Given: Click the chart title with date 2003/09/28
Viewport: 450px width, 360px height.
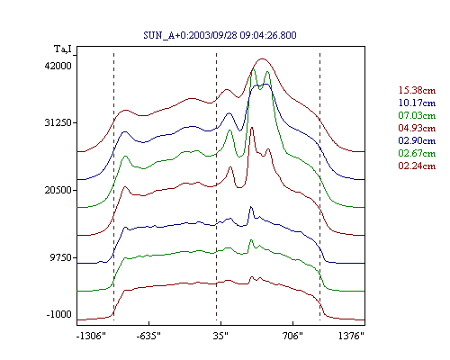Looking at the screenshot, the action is point(220,35).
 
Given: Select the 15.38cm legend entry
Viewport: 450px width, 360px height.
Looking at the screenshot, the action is point(417,90).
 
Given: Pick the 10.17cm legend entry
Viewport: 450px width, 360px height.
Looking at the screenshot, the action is point(417,103).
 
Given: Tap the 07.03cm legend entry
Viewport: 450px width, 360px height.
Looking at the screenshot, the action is point(417,115).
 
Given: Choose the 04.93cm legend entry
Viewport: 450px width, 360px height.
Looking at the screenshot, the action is point(417,128).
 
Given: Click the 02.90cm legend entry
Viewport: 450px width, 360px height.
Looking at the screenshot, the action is point(417,140).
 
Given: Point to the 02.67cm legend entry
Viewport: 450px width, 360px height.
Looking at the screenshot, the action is point(417,153).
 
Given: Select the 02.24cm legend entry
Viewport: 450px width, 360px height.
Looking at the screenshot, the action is point(417,166).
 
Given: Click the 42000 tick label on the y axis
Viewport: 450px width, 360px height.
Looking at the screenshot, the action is point(58,66).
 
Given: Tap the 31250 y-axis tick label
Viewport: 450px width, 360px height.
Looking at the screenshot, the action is point(58,122).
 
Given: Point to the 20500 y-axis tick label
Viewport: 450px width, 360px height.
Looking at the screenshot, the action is point(58,190).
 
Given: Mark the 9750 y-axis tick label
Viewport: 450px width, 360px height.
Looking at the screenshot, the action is point(61,257).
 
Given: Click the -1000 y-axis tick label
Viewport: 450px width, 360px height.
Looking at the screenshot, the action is point(59,314).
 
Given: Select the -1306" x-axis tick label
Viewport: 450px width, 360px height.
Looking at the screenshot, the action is point(91,336).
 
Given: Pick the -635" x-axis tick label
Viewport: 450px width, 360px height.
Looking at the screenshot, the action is point(148,336).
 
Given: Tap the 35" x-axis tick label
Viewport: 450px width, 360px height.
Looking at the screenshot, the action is point(220,336).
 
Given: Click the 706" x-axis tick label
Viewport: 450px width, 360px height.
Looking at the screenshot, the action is point(292,336).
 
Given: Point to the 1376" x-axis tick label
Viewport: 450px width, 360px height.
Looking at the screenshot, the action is point(351,336).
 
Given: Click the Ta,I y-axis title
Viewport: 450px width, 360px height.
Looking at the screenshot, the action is point(63,49).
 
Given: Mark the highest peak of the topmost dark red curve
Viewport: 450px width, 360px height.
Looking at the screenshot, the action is point(263,58).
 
